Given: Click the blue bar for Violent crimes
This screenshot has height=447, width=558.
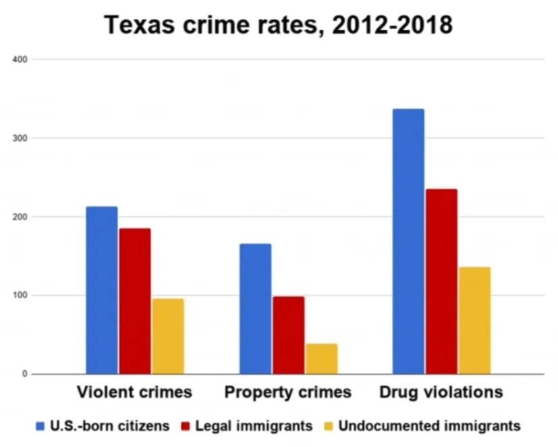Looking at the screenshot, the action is pyautogui.click(x=102, y=290).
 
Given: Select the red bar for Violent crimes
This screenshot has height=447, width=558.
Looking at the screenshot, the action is pyautogui.click(x=135, y=301).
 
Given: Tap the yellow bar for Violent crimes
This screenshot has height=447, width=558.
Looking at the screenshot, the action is pyautogui.click(x=168, y=336).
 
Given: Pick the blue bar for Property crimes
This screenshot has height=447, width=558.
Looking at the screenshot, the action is pyautogui.click(x=255, y=309).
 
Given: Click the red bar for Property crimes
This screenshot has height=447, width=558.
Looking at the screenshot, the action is pyautogui.click(x=289, y=335).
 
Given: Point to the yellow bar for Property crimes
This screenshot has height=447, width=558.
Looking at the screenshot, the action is pyautogui.click(x=322, y=359).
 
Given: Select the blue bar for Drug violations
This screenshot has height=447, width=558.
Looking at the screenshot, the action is pyautogui.click(x=408, y=241).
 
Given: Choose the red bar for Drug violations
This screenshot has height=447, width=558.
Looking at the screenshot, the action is pyautogui.click(x=442, y=282).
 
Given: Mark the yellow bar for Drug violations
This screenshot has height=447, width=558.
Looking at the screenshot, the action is pyautogui.click(x=475, y=320).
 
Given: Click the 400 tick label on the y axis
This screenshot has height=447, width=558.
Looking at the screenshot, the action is pyautogui.click(x=20, y=59).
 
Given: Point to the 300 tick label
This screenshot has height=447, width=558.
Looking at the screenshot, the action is pyautogui.click(x=20, y=138).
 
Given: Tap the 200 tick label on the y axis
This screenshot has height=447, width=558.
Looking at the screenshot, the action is pyautogui.click(x=20, y=217).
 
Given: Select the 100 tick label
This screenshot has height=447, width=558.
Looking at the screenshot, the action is pyautogui.click(x=20, y=295).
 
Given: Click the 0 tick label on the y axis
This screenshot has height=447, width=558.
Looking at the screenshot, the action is pyautogui.click(x=24, y=374).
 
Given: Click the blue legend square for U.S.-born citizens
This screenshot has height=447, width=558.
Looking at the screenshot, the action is pyautogui.click(x=40, y=426).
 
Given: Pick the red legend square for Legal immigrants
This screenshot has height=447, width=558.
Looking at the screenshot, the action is pyautogui.click(x=186, y=426).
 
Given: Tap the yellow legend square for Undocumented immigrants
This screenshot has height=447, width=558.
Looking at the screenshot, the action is pyautogui.click(x=329, y=426).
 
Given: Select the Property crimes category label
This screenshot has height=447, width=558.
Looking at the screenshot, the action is pyautogui.click(x=288, y=392).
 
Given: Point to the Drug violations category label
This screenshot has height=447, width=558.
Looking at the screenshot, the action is pyautogui.click(x=441, y=392).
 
